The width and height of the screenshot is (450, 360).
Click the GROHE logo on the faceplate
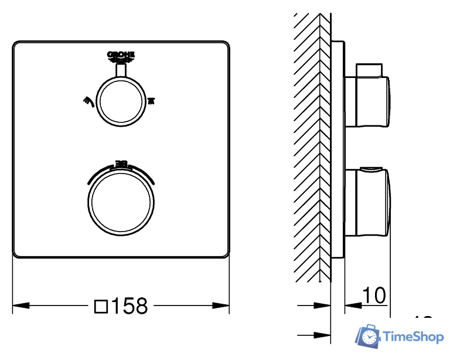(121, 56)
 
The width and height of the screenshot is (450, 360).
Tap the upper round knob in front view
(121, 100)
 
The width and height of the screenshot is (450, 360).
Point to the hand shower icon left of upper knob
(88, 100)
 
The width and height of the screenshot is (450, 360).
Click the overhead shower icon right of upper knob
(151, 101)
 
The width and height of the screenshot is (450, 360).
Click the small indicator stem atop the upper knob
(121, 70)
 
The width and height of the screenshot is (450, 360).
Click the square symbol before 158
(101, 305)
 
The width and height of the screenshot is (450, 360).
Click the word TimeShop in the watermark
(413, 337)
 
